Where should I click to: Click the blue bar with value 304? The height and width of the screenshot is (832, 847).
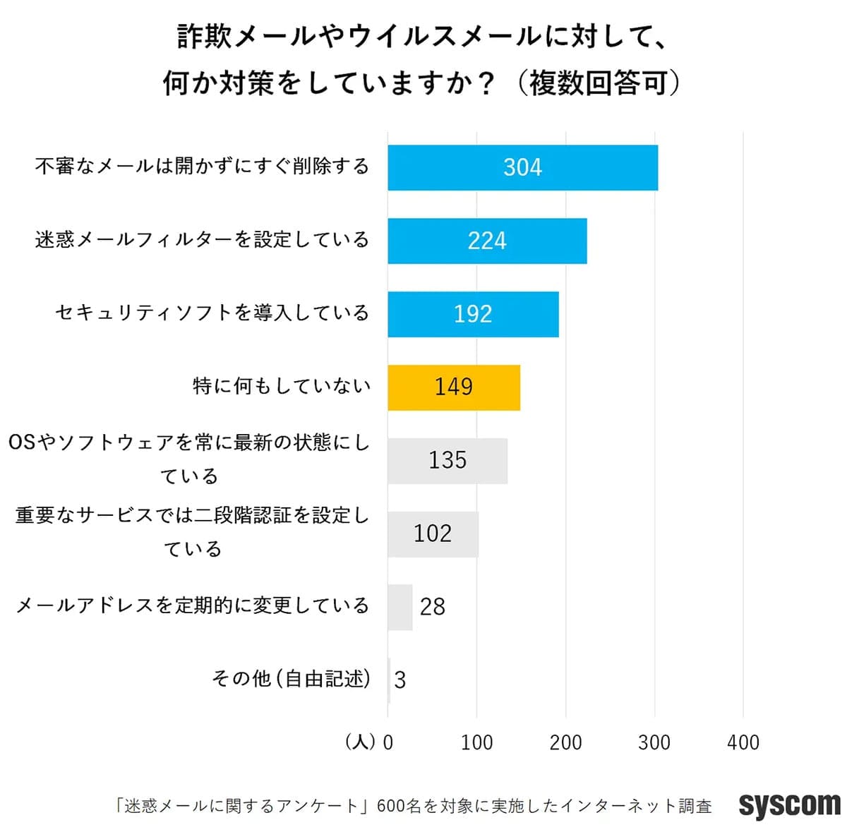[x=522, y=168]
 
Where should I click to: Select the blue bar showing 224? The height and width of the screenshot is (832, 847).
[x=487, y=241]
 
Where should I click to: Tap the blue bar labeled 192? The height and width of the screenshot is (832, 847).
[x=473, y=314]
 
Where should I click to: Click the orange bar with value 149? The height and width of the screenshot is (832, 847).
[x=454, y=387]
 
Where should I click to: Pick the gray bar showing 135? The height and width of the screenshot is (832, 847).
[x=447, y=461]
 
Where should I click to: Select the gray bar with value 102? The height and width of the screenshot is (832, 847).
[x=433, y=534]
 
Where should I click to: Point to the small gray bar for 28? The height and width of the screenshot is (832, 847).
[x=400, y=607]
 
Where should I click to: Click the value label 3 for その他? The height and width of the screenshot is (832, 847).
[x=400, y=680]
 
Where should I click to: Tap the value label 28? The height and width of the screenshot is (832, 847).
[x=433, y=607]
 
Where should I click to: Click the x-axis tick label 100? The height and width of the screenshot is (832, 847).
[x=476, y=742]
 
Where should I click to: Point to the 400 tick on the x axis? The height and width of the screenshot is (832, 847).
[x=743, y=742]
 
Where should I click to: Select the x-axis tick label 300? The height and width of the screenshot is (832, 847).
[x=654, y=742]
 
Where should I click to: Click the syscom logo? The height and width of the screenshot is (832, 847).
[x=789, y=805]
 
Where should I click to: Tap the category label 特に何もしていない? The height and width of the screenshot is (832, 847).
[x=282, y=386]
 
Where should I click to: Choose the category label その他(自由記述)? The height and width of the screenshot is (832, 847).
[x=291, y=679]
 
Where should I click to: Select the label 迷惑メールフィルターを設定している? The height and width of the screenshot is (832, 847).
[x=202, y=240]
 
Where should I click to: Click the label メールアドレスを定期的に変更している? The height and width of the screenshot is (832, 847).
[x=193, y=605]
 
